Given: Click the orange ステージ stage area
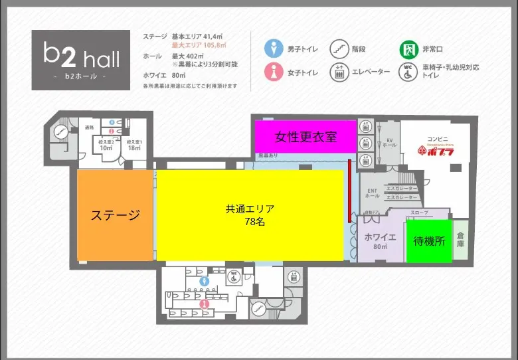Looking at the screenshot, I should (116, 215).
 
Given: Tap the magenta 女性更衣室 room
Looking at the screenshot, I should (305, 137).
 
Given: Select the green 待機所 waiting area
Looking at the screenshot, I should (429, 240).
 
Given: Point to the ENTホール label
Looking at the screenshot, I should (373, 193).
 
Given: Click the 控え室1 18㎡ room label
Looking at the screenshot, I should (135, 145).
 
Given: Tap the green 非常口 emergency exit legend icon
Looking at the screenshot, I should (408, 48).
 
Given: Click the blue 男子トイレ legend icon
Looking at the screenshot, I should (274, 48).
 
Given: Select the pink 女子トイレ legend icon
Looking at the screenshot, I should (274, 71).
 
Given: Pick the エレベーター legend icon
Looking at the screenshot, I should (339, 71).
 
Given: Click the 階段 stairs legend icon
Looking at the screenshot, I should (339, 48).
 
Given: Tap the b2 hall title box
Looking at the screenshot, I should (81, 60).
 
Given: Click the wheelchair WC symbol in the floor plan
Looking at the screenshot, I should (234, 278).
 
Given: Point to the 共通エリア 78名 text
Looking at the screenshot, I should (249, 215).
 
